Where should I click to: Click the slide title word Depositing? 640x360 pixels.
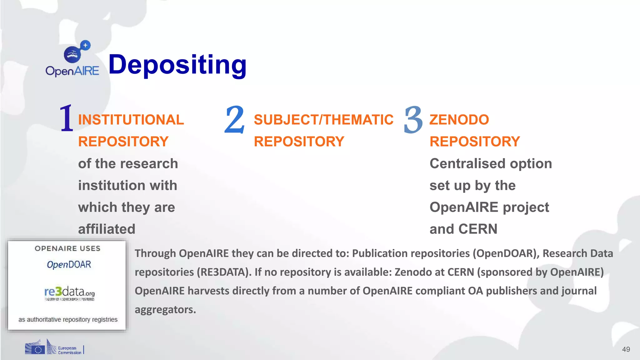click(x=177, y=65)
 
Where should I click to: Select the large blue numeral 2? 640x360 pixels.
click(x=234, y=119)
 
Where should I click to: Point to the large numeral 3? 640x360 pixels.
click(x=413, y=120)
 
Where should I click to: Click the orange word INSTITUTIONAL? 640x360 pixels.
click(x=131, y=120)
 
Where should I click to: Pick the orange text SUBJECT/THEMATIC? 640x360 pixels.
click(x=323, y=120)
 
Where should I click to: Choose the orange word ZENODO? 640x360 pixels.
click(x=459, y=120)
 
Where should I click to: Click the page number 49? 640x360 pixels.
click(x=626, y=349)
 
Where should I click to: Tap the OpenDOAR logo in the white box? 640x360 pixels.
click(x=69, y=265)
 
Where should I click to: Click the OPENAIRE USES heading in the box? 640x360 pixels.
click(x=67, y=248)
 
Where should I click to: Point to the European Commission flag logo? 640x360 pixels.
click(x=35, y=348)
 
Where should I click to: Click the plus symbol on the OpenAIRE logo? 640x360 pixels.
click(x=85, y=45)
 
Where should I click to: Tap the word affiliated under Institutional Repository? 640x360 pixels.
click(x=107, y=229)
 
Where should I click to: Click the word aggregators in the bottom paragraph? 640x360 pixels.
click(x=165, y=310)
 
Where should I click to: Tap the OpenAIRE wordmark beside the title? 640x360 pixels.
click(x=72, y=71)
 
